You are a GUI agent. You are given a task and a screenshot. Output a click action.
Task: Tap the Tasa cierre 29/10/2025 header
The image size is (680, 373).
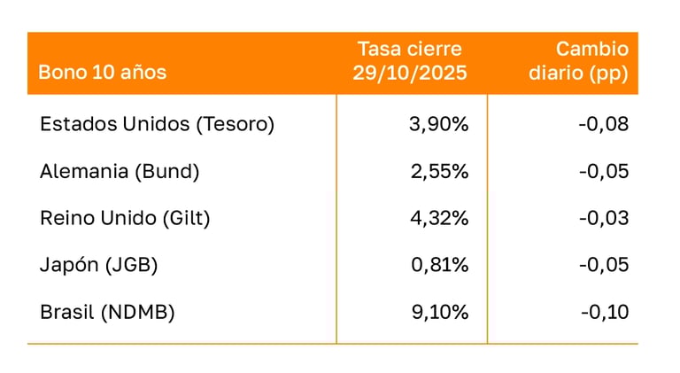(x=410, y=61)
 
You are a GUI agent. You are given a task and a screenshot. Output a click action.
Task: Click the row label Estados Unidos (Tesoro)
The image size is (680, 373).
(x=158, y=124)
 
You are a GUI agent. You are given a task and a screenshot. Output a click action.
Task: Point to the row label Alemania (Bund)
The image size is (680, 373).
(x=120, y=171)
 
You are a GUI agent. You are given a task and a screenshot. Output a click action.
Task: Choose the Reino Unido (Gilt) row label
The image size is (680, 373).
(x=125, y=218)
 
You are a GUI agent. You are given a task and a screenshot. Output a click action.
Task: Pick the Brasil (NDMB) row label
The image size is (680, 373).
(x=107, y=312)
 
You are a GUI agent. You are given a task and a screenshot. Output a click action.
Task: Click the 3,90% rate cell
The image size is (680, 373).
(x=438, y=124)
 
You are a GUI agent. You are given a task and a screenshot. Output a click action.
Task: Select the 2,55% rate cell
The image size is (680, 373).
(x=438, y=171)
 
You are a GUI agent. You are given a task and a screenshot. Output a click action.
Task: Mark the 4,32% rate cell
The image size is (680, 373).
(x=438, y=218)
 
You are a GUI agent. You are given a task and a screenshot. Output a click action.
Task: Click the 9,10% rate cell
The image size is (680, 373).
(x=438, y=312)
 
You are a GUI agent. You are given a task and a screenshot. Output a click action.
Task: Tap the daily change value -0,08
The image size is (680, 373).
(x=603, y=124)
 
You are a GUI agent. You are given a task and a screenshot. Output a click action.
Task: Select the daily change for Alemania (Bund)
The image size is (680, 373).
(x=603, y=171)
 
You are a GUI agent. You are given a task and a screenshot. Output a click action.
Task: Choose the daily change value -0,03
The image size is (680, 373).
(x=603, y=218)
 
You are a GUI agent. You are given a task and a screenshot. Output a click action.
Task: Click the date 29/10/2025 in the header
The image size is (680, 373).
(x=410, y=74)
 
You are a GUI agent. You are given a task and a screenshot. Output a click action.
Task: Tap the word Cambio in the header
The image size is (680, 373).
(x=591, y=50)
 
